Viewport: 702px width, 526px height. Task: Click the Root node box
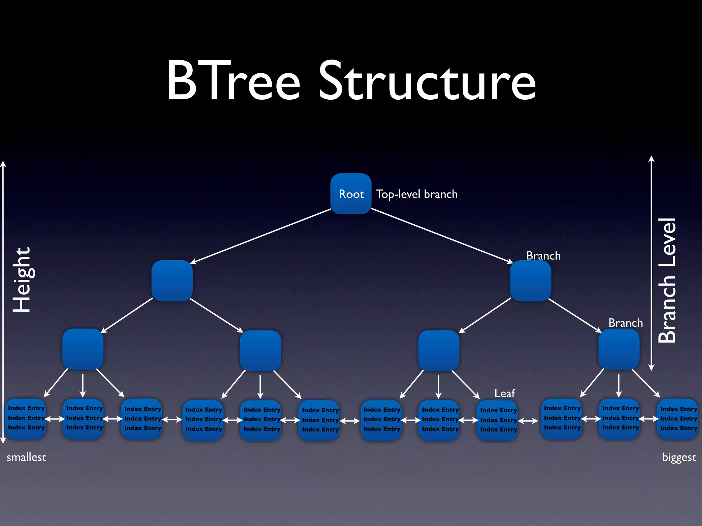351,194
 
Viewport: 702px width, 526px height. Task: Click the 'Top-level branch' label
416,194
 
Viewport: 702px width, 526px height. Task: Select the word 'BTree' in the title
233,81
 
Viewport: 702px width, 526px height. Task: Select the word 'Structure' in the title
427,81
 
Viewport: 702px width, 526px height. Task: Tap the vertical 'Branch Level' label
667,280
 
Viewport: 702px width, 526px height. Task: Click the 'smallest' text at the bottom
26,457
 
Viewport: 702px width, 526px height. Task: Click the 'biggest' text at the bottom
679,457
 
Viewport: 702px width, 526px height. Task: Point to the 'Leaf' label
504,393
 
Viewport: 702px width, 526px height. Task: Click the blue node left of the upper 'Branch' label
530,281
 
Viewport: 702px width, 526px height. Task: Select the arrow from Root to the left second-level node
261,236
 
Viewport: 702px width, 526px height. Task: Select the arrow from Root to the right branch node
442,236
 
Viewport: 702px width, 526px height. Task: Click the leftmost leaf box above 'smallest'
26,418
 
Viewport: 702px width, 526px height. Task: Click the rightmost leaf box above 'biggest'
678,418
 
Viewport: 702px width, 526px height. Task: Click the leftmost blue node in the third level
83,349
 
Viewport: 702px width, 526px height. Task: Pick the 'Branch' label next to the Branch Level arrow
625,323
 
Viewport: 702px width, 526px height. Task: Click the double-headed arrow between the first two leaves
55,419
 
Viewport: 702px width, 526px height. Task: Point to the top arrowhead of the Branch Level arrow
652,159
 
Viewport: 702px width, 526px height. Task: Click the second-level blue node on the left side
172,281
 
